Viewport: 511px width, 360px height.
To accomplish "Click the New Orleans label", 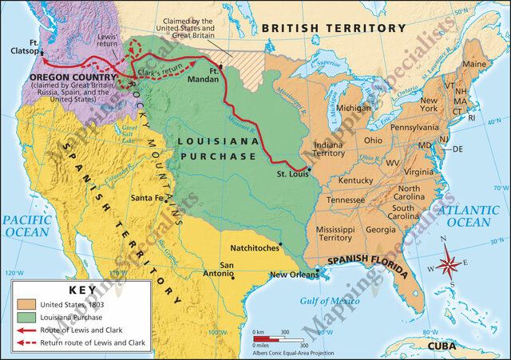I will (x=294, y=275).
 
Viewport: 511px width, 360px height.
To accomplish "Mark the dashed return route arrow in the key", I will (x=26, y=342).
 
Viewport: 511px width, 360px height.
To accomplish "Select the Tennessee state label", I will (x=347, y=200).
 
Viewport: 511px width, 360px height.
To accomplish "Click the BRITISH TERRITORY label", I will (x=334, y=28).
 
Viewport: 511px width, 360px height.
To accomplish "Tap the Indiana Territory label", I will (x=329, y=148).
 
